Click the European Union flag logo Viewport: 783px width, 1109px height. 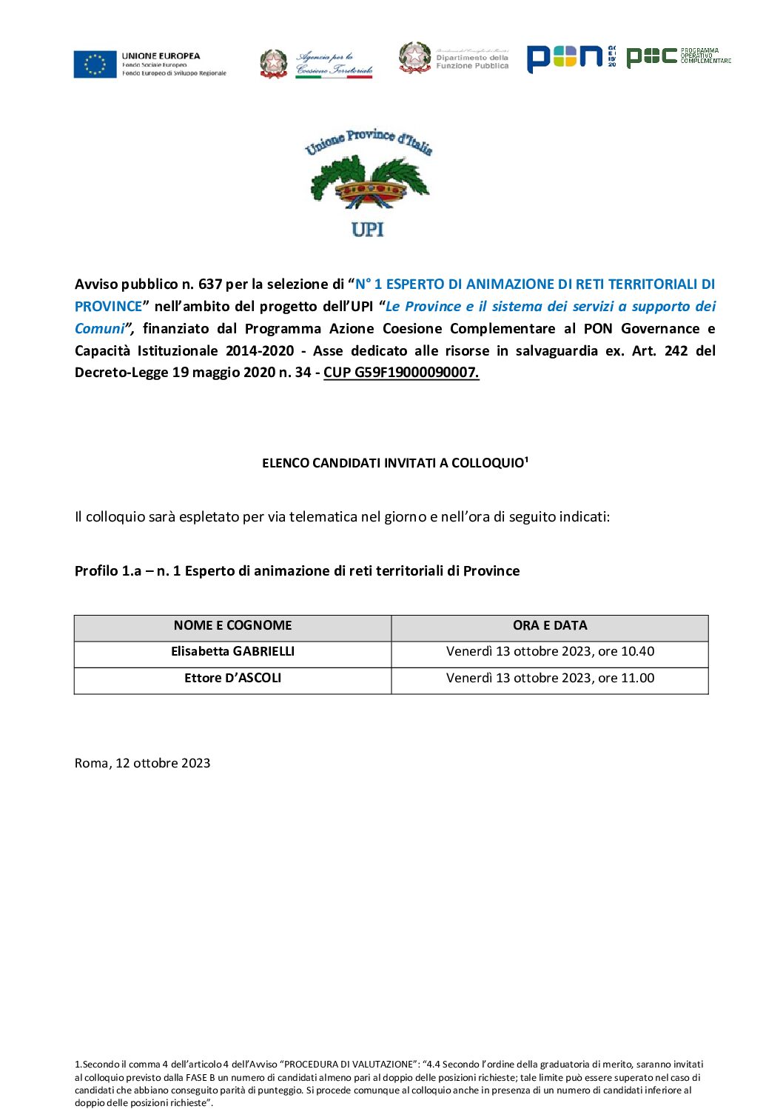95,64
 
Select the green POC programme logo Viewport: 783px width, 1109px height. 652,57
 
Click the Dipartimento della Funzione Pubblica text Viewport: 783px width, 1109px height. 472,61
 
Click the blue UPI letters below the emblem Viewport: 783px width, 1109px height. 368,230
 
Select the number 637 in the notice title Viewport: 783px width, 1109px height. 210,284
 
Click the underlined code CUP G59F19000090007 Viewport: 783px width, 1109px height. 401,373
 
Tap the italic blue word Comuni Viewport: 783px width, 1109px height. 100,329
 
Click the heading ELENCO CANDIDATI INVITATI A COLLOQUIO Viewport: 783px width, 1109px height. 393,463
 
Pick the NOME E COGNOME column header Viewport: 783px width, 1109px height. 232,626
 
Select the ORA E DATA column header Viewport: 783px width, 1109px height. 550,626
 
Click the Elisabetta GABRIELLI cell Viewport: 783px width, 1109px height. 232,652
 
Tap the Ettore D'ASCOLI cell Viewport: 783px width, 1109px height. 232,679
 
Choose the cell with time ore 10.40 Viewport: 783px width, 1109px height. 550,652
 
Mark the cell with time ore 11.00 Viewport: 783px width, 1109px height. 550,679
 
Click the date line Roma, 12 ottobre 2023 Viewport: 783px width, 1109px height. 142,764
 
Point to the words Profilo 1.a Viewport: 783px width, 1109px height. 108,571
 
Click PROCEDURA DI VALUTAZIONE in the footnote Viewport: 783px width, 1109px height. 351,1065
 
